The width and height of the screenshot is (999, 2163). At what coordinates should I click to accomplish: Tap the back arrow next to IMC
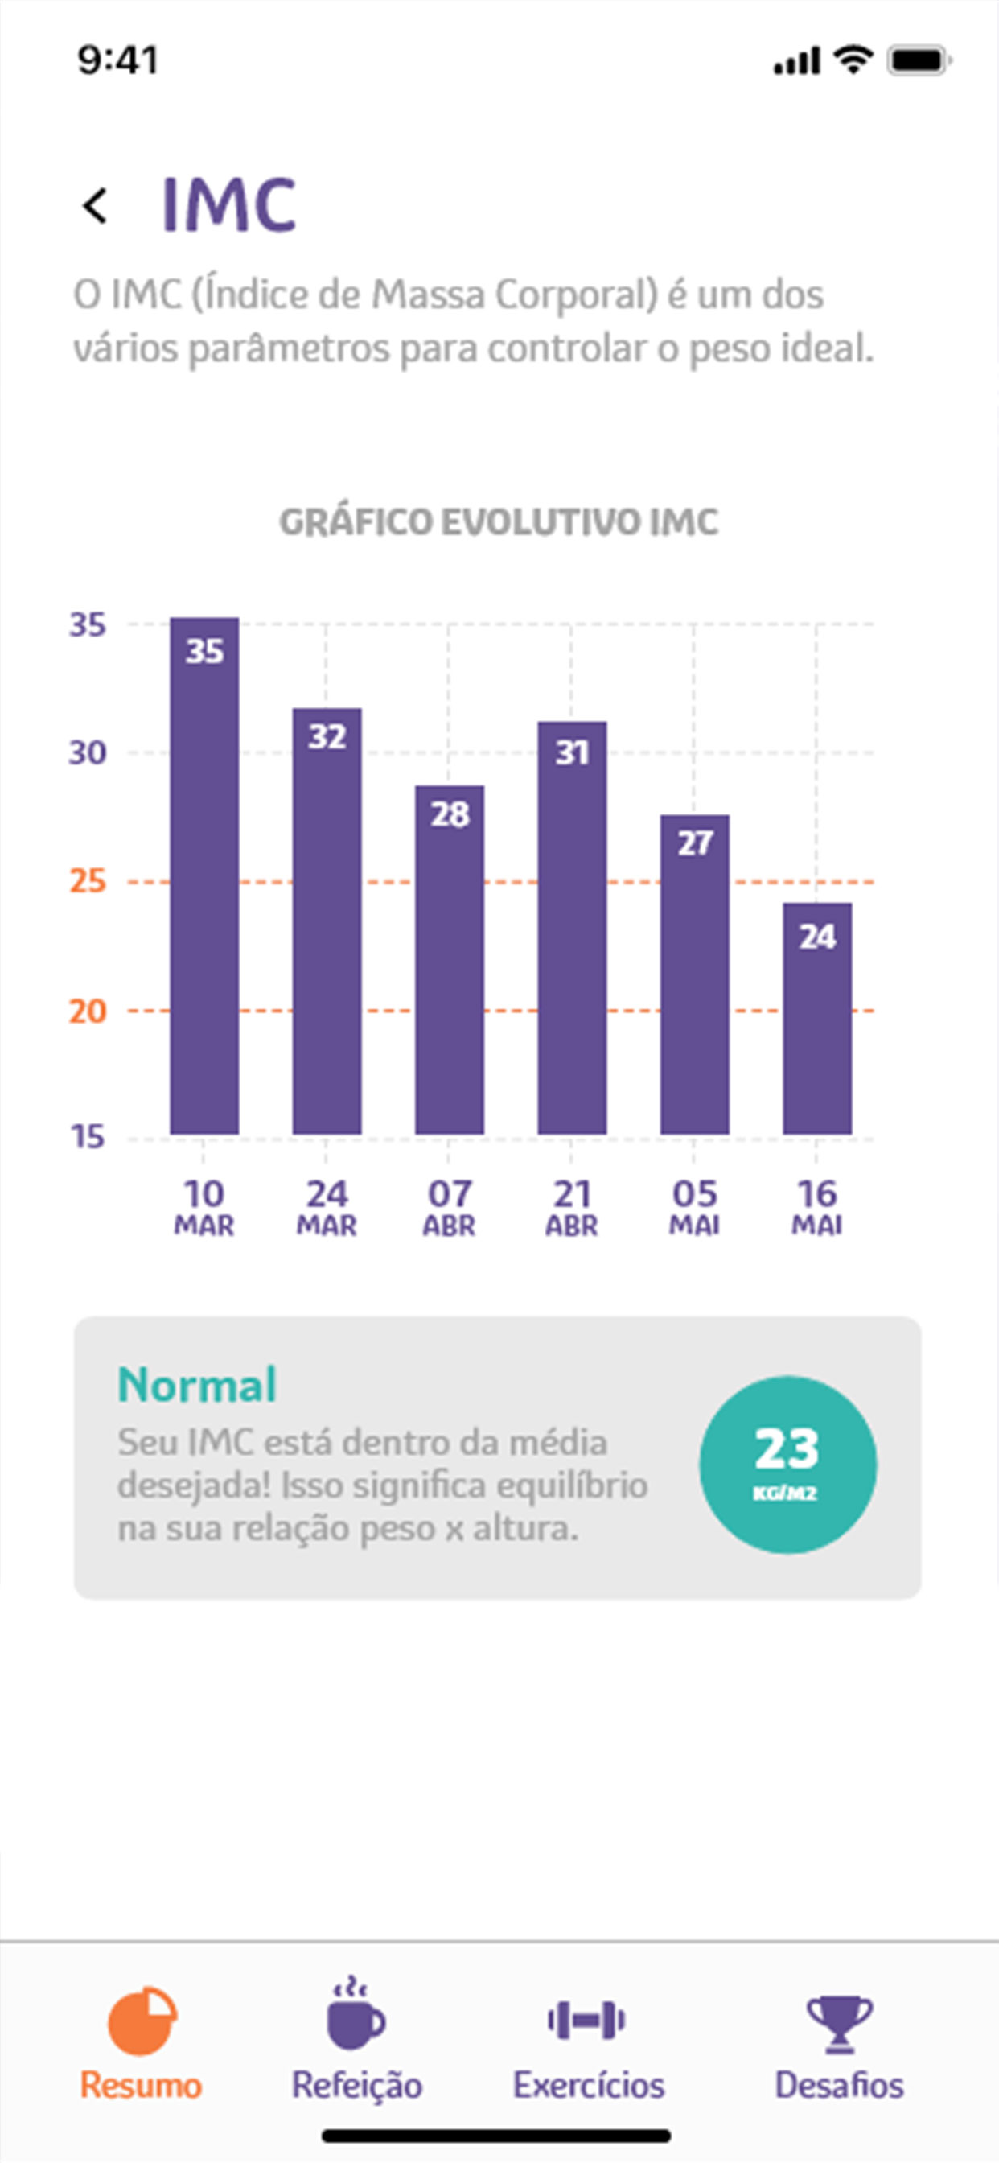[x=95, y=206]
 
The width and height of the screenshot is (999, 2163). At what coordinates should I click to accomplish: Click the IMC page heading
[x=228, y=205]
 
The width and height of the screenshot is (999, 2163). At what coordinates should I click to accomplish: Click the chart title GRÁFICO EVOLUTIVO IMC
[x=499, y=522]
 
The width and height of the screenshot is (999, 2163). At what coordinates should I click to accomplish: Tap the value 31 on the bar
[x=572, y=752]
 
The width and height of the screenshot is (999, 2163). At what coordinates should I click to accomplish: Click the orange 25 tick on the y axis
[x=88, y=881]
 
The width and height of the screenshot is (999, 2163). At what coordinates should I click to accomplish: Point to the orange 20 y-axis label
[x=88, y=1011]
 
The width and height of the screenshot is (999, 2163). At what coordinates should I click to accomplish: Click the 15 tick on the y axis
[x=88, y=1137]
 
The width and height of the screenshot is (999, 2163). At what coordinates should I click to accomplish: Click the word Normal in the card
[x=196, y=1385]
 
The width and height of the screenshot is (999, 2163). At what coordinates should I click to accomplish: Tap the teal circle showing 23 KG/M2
[x=787, y=1464]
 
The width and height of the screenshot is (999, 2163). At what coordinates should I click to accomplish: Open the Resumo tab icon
[x=142, y=2020]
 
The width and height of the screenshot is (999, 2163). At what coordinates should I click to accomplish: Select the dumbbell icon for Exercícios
[x=586, y=2020]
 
